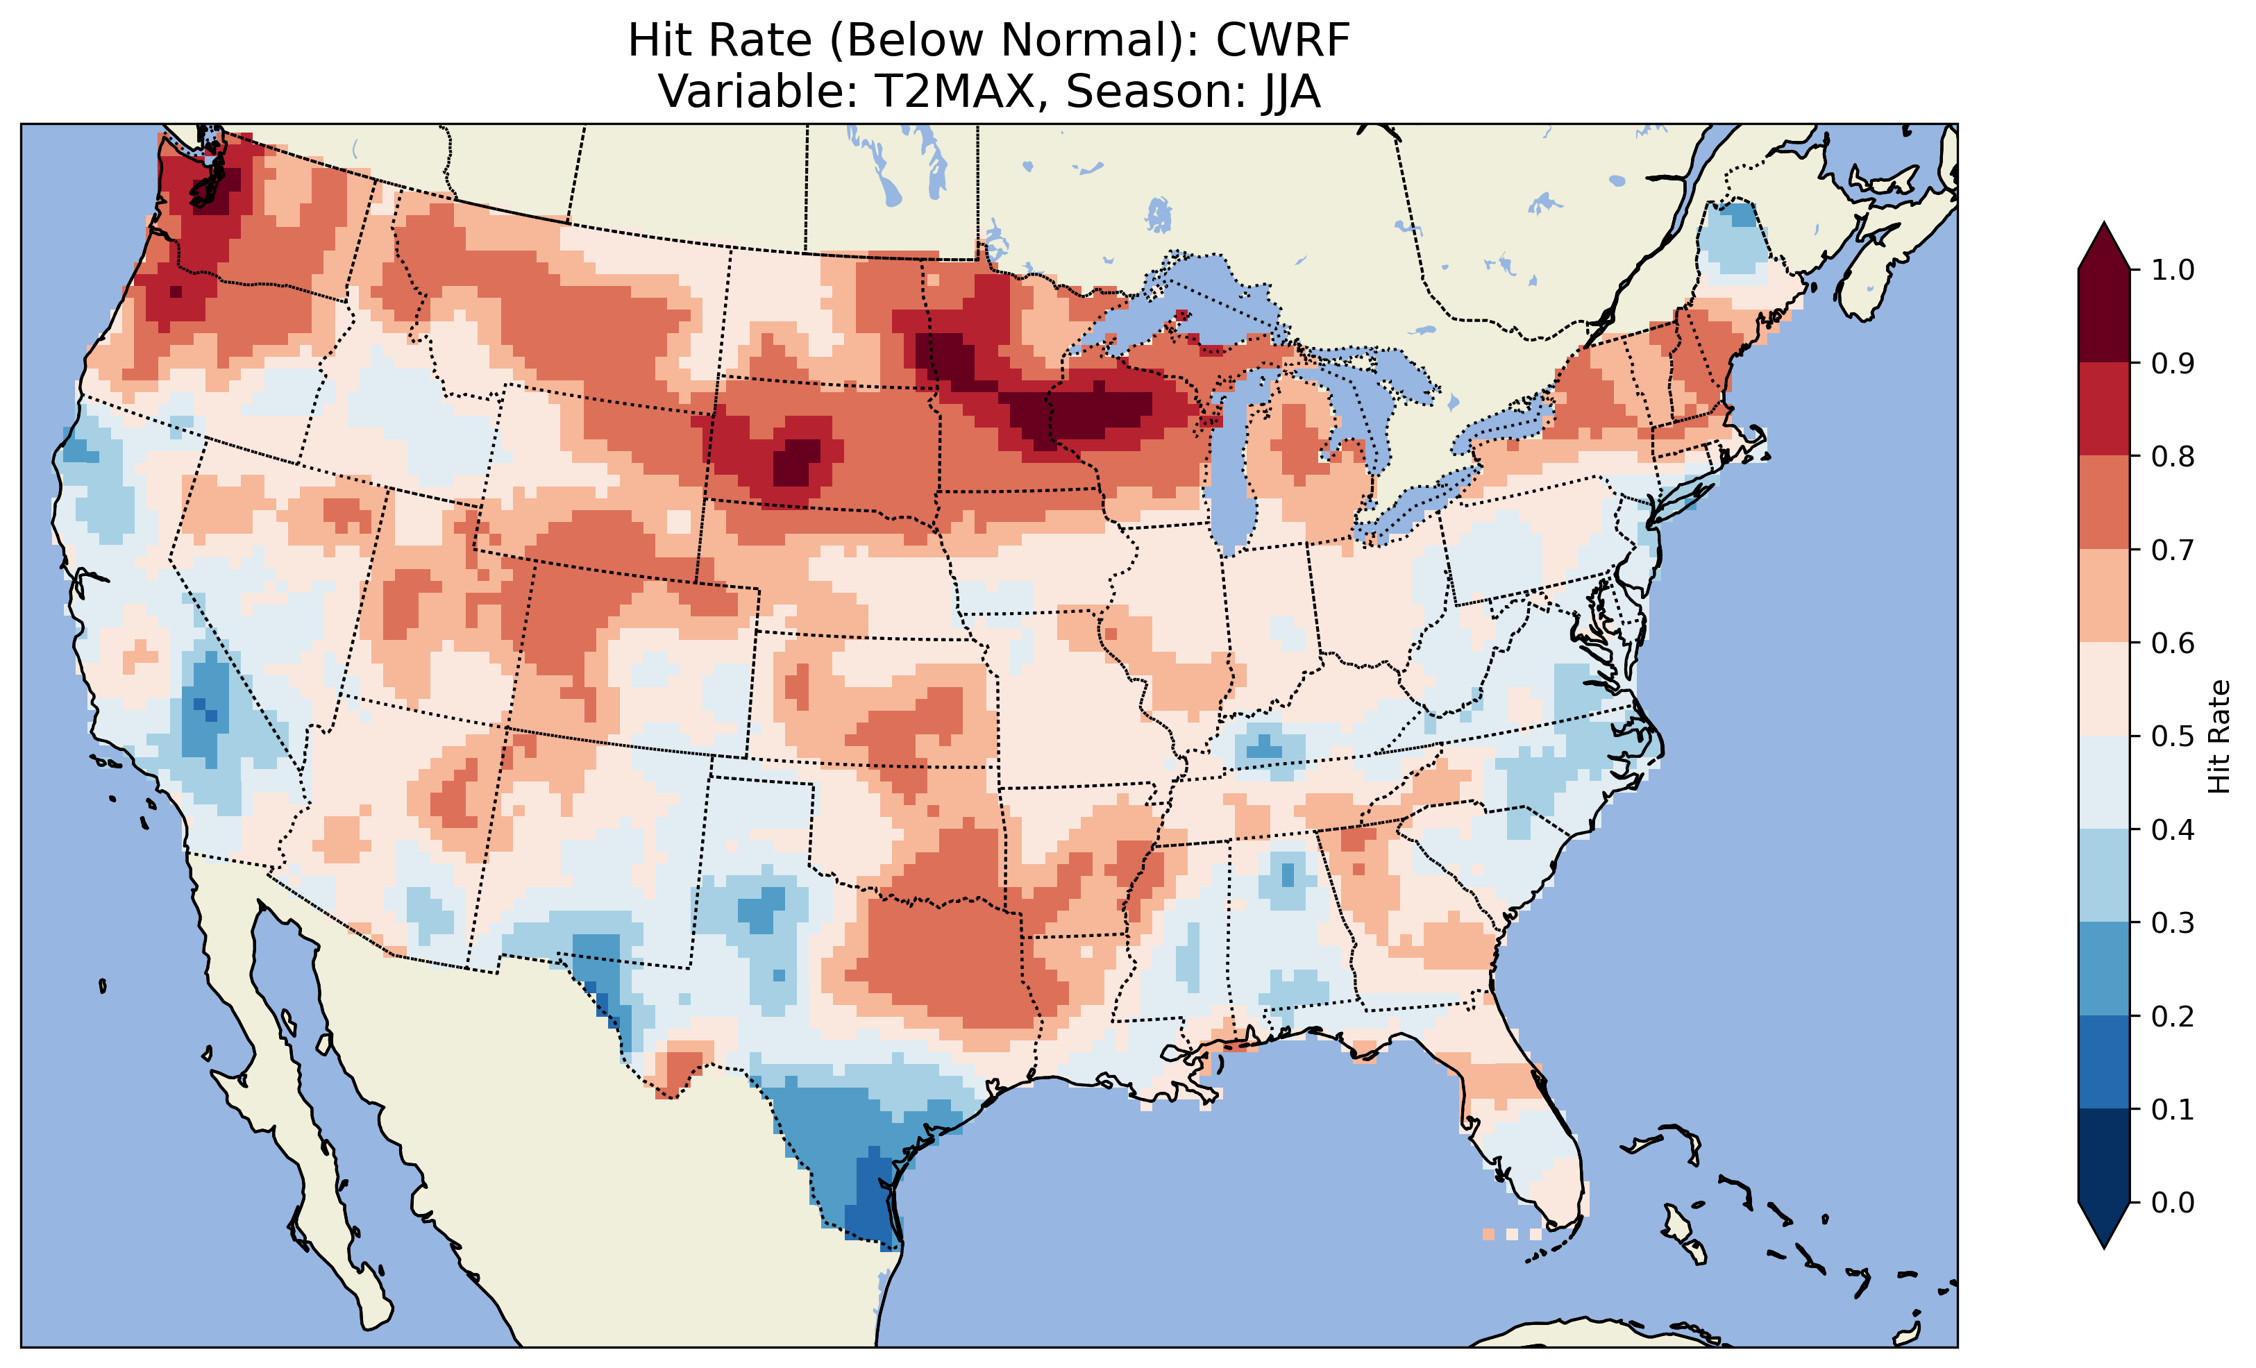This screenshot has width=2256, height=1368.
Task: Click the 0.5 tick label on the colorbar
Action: point(2172,736)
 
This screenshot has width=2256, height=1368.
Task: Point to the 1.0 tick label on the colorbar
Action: point(2172,270)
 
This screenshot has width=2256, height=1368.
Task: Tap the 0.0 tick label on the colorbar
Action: point(2172,1202)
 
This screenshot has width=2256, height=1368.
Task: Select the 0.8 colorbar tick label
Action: point(2172,456)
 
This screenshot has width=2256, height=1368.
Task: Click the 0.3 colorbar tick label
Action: point(2172,923)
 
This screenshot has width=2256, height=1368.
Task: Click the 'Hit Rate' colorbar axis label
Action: point(2219,736)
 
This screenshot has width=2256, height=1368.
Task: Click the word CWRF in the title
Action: point(1282,40)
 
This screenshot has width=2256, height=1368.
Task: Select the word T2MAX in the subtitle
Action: point(959,92)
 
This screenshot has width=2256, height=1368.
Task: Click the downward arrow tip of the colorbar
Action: point(2104,1245)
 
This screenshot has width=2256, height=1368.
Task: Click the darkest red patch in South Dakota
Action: point(795,462)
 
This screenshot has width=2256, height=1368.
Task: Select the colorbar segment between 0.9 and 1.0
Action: point(2104,316)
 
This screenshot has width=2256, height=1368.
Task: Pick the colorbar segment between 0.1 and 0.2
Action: point(2104,1062)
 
